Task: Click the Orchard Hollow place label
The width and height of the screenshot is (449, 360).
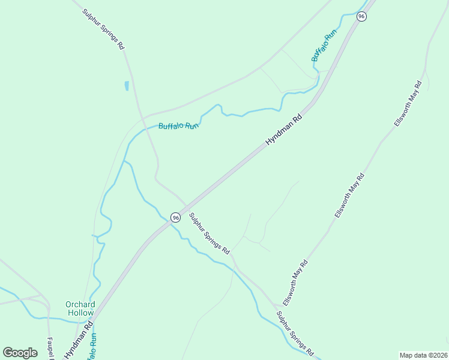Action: point(80,308)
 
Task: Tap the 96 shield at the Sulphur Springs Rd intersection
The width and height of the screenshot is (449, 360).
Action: point(175,217)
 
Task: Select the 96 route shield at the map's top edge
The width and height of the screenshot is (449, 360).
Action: point(361,16)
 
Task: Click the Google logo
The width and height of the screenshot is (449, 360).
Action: point(20,352)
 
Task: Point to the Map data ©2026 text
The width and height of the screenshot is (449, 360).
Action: point(423,355)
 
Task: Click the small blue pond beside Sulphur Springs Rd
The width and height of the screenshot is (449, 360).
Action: point(127,86)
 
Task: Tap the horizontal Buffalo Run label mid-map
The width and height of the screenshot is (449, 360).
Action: point(178,126)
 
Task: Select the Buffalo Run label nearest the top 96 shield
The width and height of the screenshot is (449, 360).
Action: point(324,44)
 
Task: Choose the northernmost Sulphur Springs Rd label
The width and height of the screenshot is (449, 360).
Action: point(104,28)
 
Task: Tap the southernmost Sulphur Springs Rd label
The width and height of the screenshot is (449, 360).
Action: point(295,334)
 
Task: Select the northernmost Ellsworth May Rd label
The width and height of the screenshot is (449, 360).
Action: point(409,103)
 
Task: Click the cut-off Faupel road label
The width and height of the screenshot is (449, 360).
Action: point(50,348)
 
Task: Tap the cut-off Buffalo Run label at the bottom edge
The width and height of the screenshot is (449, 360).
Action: point(92,348)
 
